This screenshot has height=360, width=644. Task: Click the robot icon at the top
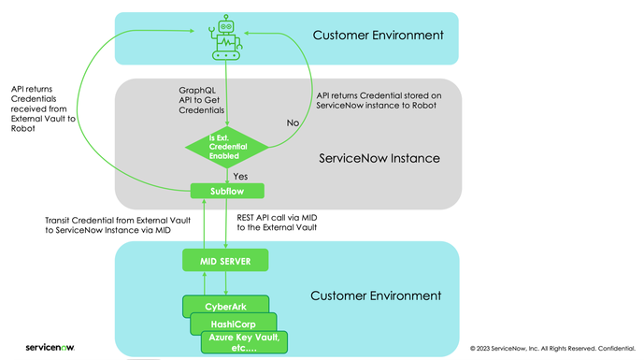point(227,37)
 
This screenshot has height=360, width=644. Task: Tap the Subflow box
point(228,191)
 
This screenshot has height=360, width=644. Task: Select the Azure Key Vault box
point(246,341)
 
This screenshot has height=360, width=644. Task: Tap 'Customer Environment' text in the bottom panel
point(375,295)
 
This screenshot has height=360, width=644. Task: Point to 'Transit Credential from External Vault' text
point(111,221)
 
